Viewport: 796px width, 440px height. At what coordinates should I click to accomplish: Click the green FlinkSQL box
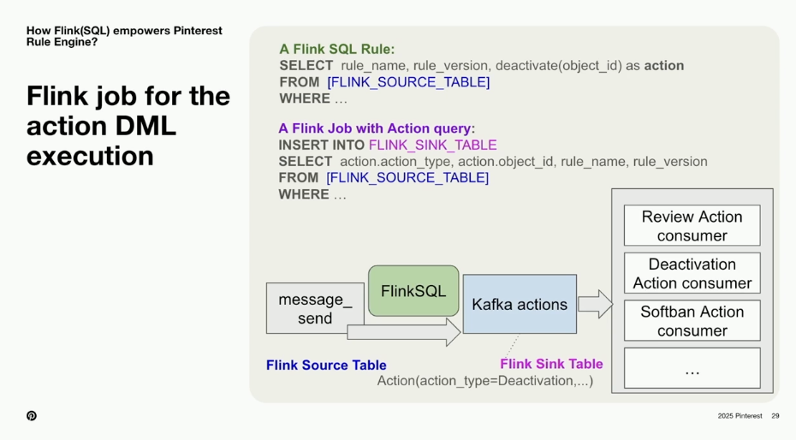(413, 291)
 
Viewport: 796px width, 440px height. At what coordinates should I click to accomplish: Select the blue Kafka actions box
(520, 304)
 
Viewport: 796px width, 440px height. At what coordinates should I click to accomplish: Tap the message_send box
(315, 308)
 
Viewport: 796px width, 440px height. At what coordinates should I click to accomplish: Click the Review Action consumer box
(692, 226)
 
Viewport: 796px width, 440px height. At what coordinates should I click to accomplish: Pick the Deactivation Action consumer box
(692, 273)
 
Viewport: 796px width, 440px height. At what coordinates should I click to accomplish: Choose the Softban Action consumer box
(692, 321)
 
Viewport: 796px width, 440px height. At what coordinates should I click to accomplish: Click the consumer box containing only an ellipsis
(692, 368)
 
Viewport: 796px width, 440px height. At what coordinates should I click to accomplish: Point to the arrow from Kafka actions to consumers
(595, 304)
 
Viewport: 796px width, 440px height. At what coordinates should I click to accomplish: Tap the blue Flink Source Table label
(325, 365)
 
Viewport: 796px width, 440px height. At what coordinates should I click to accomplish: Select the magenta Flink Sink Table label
(551, 364)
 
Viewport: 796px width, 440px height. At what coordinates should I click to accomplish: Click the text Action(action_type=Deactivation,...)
(484, 381)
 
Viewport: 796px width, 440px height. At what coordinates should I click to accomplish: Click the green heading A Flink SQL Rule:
(336, 50)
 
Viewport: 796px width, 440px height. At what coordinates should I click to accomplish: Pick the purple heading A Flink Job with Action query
(376, 128)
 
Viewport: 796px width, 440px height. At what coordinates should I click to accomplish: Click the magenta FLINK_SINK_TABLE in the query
(432, 145)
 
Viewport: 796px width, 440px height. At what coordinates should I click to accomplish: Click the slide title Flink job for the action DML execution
(128, 126)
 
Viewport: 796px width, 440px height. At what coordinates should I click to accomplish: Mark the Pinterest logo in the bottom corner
(32, 416)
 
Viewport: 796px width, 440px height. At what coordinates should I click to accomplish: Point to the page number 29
(775, 416)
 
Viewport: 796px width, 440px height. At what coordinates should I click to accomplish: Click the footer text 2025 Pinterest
(740, 416)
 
